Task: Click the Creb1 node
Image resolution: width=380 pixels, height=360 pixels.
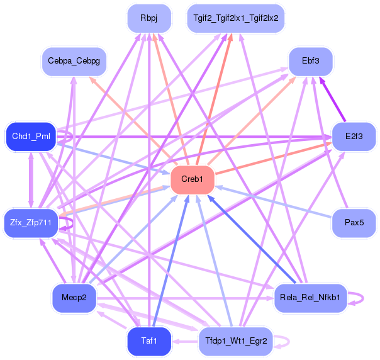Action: tap(193, 179)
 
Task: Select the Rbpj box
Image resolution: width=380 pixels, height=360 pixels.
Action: tap(149, 18)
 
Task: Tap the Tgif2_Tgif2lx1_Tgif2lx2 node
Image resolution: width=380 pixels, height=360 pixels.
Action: tap(236, 18)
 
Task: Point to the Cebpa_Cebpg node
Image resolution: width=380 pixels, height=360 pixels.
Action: tap(74, 61)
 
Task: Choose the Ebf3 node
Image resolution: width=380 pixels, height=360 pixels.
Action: tap(310, 61)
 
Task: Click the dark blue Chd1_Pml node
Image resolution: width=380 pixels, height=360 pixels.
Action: tap(31, 137)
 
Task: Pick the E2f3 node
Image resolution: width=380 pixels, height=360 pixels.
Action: tap(354, 137)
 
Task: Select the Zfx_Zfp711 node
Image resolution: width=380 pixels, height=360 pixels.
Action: tap(31, 223)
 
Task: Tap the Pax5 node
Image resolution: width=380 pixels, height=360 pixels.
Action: tap(354, 223)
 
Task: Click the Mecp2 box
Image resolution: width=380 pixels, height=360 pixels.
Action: tap(74, 298)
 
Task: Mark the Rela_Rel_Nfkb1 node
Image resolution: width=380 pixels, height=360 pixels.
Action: tap(310, 298)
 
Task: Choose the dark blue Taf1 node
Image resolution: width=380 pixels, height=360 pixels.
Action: tap(149, 341)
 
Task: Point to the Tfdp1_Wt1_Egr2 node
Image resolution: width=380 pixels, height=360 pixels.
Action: tap(236, 341)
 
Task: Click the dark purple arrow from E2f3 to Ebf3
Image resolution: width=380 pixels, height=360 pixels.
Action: tap(332, 99)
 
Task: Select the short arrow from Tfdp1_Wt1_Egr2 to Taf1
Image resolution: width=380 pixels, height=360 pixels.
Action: tap(185, 342)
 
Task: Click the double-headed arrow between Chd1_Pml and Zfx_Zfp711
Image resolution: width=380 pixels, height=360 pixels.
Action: tap(31, 180)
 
